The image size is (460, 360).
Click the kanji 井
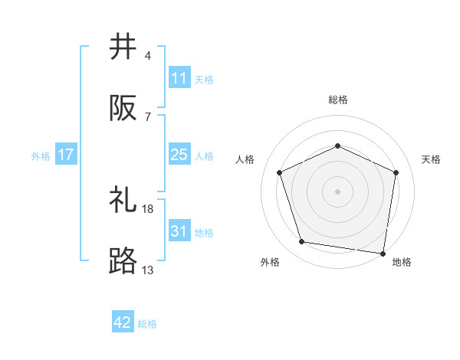point(123,47)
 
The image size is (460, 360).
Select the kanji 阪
point(123,109)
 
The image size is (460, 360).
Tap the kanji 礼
point(123,201)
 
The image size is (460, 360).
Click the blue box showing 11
point(179,78)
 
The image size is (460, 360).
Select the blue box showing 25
point(179,155)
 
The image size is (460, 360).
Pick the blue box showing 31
point(179,231)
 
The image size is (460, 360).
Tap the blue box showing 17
point(66,155)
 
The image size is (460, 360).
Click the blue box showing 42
point(123,322)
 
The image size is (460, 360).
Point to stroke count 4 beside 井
point(148,56)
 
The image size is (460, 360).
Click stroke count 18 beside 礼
point(148,208)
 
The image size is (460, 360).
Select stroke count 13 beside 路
point(148,270)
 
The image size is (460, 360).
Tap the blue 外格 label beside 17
point(41,155)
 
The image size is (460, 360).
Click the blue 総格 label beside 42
point(147,324)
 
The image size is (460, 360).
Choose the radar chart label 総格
point(338,100)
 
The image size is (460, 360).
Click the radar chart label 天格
point(432,159)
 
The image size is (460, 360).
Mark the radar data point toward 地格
point(383,253)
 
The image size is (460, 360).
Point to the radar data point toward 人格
point(280,172)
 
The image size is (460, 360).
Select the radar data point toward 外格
point(302,242)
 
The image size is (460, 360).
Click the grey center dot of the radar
point(338,191)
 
